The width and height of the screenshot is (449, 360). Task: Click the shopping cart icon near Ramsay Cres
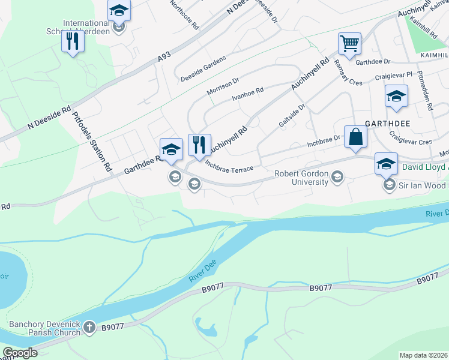pyautogui.click(x=349, y=43)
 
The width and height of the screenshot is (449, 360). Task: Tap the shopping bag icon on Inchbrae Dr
pyautogui.click(x=355, y=136)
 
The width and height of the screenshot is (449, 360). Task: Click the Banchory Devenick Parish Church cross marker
pyautogui.click(x=89, y=328)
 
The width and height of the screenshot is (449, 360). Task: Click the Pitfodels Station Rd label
pyautogui.click(x=92, y=142)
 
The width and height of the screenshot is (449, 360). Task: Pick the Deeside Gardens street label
pyautogui.click(x=203, y=69)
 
